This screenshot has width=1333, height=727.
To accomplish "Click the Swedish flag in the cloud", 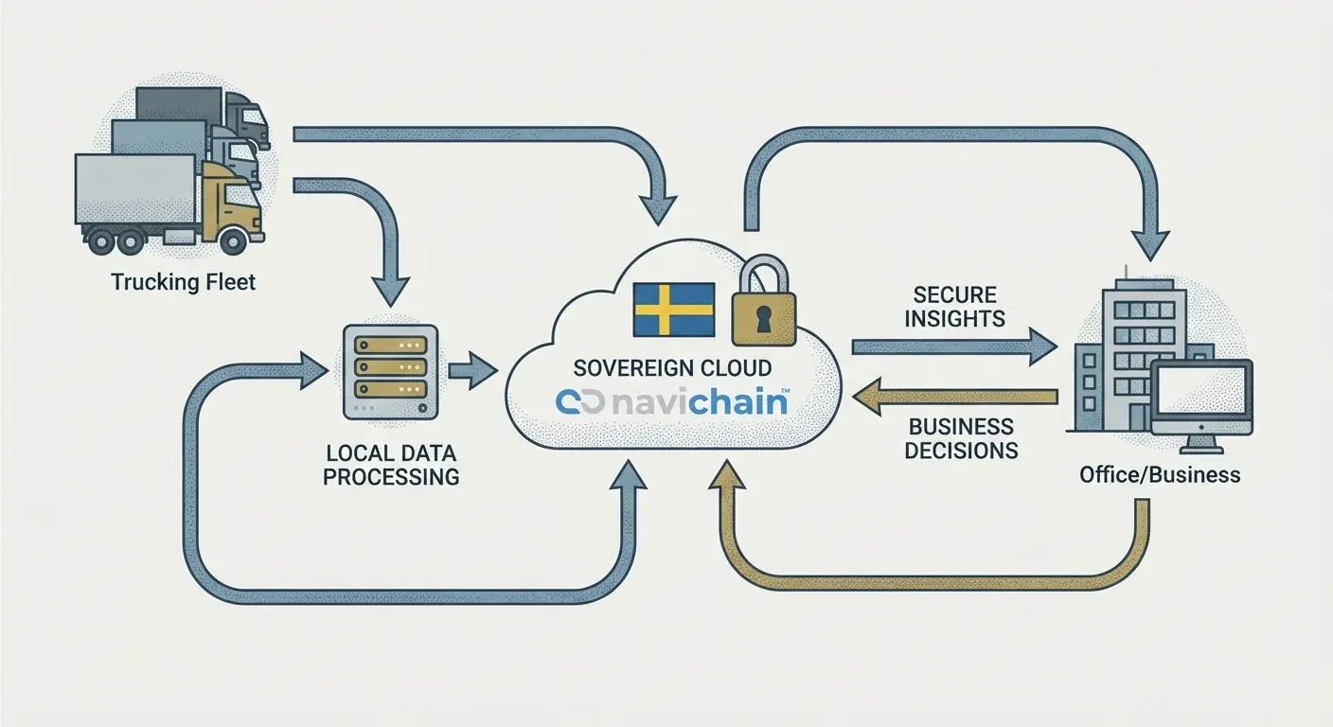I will coord(673,309).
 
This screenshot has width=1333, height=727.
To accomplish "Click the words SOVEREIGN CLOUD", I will coord(672,367).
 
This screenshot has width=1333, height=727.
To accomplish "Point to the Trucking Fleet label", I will coord(183,281).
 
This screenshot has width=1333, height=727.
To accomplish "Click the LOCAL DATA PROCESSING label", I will coord(391,464).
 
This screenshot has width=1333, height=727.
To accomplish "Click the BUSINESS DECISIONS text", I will coord(960,438).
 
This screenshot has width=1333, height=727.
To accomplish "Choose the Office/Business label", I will coord(1159,474).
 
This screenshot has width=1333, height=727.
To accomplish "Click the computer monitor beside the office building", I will coord(1201,396).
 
